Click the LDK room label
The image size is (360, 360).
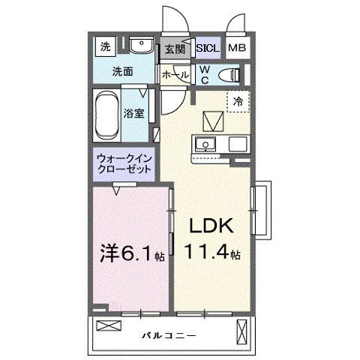209,226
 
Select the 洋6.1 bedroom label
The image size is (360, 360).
128,253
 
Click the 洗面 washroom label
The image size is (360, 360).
123,72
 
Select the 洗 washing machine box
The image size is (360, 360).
105,46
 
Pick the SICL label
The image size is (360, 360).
207,49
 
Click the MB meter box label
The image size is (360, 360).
237,49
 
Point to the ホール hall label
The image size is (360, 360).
175,74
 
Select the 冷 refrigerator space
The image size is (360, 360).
238,101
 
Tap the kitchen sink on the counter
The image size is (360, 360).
204,144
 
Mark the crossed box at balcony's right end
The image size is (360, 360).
241,329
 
